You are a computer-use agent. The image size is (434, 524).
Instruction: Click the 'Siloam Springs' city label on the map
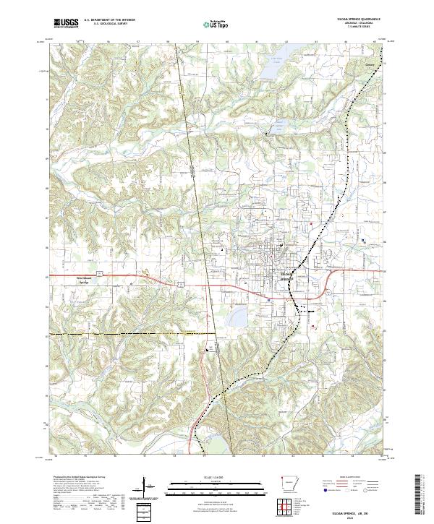click(284, 276)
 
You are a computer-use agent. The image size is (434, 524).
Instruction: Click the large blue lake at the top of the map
click(270, 67)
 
